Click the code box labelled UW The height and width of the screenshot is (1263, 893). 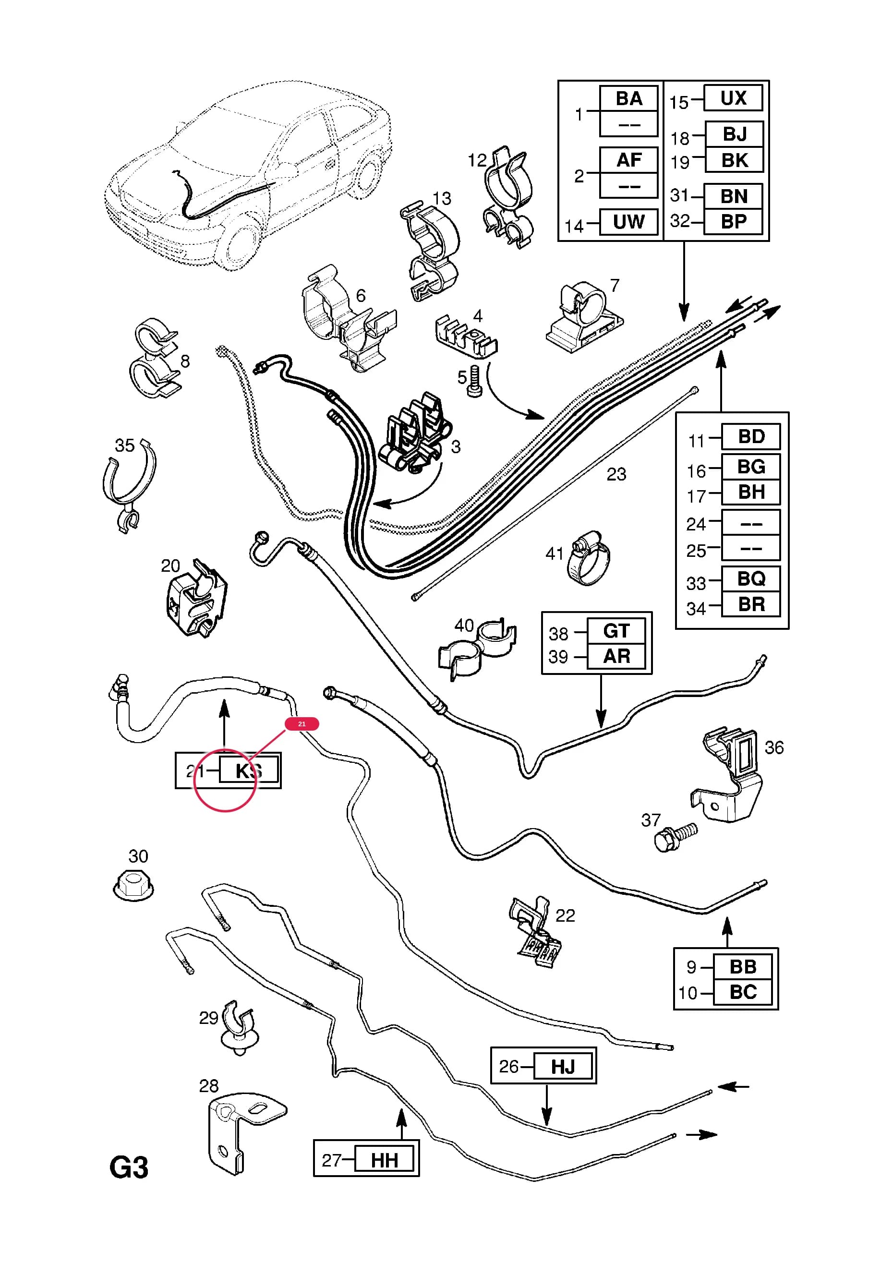pos(628,222)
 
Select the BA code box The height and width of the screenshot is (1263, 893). pos(628,98)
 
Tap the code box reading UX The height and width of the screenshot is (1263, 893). pos(734,98)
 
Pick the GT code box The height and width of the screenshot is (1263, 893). pos(616,631)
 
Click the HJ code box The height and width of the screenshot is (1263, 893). pos(563,1067)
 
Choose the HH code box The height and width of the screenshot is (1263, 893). pos(384,1161)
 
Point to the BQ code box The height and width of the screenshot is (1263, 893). pos(751,578)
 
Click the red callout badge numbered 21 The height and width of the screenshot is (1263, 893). pos(302,724)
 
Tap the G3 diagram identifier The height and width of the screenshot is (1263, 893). pos(129,1168)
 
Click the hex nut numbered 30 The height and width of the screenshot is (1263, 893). pos(133,886)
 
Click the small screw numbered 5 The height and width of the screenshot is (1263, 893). pos(474,382)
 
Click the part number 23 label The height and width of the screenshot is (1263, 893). pos(616,474)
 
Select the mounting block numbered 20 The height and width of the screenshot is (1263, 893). pos(196,599)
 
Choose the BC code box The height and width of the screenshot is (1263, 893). pos(743,992)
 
